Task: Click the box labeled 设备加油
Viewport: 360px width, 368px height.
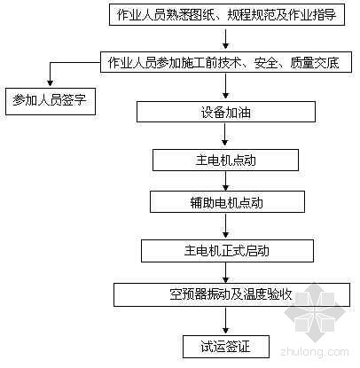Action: click(226, 112)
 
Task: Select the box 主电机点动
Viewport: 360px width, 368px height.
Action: click(225, 160)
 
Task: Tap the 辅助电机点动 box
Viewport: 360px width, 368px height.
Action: click(227, 202)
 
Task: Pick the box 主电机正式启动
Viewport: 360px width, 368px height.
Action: click(227, 251)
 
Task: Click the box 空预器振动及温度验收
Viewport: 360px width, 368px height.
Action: click(231, 294)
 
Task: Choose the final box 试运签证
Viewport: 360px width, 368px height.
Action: click(226, 347)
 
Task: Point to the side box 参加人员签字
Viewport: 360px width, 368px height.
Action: click(51, 101)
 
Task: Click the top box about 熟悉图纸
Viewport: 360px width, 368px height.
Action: click(227, 14)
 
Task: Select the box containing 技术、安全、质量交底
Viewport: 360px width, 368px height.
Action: click(226, 62)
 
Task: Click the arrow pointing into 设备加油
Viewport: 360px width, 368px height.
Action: click(226, 86)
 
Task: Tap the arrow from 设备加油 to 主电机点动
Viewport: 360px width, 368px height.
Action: click(225, 134)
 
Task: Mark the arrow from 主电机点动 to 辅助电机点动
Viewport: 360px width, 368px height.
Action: click(225, 181)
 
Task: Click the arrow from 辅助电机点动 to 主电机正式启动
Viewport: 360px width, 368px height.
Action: click(226, 225)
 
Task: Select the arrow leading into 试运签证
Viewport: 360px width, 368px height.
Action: click(226, 320)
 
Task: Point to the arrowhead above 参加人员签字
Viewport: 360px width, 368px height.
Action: click(51, 82)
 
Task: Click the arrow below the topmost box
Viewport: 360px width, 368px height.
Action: click(226, 38)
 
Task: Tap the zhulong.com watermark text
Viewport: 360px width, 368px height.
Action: click(315, 352)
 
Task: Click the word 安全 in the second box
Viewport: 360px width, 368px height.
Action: click(266, 62)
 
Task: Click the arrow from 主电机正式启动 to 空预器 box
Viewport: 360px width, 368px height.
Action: click(226, 272)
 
